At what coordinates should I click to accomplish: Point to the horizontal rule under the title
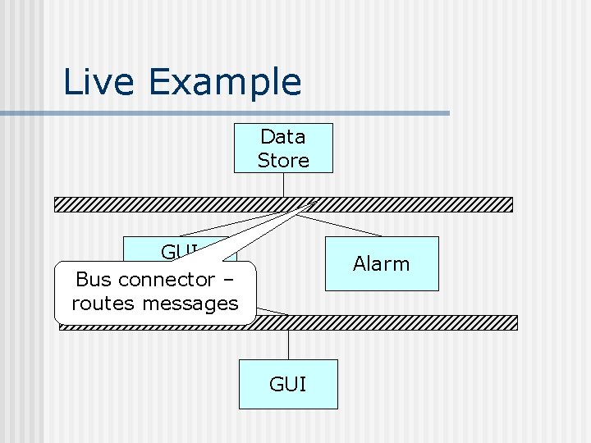(x=246, y=113)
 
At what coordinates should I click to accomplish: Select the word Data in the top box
(x=283, y=136)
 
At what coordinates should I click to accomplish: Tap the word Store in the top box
(x=283, y=160)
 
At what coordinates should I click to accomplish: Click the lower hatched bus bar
(x=394, y=322)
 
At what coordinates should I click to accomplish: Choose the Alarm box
(x=382, y=263)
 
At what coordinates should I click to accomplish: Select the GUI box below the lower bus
(x=288, y=384)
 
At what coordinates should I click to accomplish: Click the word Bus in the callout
(x=91, y=279)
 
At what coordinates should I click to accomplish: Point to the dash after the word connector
(x=227, y=279)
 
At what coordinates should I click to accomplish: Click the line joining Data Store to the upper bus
(x=283, y=185)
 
